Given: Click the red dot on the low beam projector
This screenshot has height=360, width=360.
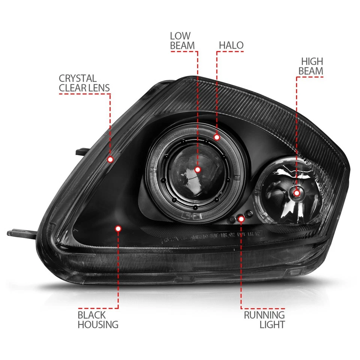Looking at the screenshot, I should click(x=198, y=170).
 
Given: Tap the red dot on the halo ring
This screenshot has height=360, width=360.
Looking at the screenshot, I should click(x=217, y=137).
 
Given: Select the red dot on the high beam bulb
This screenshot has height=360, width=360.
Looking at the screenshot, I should click(x=297, y=193).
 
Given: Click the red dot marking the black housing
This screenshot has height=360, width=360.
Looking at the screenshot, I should click(x=118, y=228).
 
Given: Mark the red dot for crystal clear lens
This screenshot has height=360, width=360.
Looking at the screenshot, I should click(x=110, y=159).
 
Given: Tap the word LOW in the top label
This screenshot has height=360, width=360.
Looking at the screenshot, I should click(x=180, y=36).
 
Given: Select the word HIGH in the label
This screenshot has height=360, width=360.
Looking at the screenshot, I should click(x=312, y=61).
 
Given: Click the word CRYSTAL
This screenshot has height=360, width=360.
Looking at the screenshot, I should click(x=78, y=79).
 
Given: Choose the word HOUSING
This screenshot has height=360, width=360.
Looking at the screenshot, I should click(x=98, y=324).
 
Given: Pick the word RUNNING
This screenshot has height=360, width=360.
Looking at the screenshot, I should click(x=264, y=315).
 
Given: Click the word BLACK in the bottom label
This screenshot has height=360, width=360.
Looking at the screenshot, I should click(x=92, y=315).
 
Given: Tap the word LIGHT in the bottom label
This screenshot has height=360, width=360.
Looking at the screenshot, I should click(x=272, y=325).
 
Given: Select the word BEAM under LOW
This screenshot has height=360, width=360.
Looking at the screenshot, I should click(x=182, y=46).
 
